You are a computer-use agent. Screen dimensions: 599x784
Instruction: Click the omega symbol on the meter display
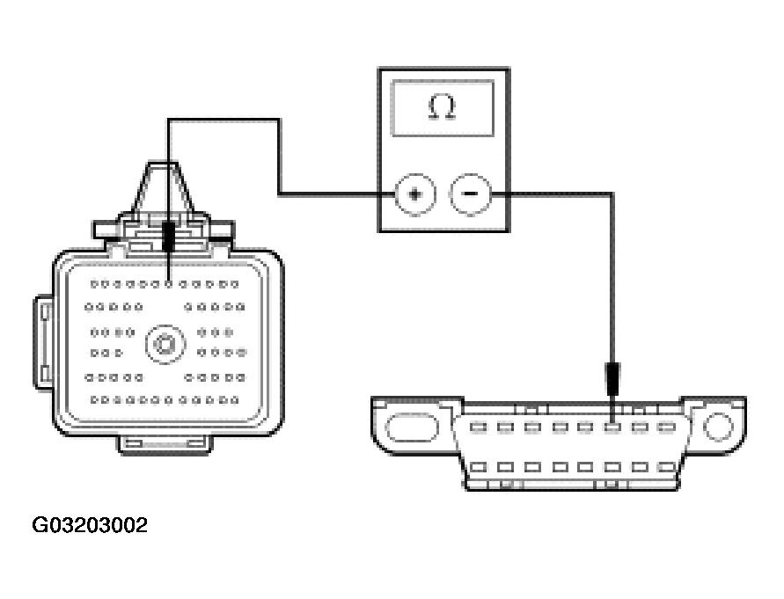(x=443, y=107)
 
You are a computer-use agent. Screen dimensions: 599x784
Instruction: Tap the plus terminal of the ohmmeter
(x=414, y=194)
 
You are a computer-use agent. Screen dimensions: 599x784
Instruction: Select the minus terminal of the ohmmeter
(x=471, y=194)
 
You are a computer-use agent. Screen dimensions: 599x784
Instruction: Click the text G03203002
(x=90, y=526)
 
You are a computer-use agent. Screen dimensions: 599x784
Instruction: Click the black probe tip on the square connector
(x=168, y=236)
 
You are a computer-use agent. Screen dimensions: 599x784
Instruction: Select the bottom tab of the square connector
(x=166, y=443)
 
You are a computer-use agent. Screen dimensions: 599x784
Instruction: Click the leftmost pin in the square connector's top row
(x=95, y=284)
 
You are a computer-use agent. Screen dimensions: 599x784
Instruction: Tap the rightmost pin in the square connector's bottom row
(x=236, y=400)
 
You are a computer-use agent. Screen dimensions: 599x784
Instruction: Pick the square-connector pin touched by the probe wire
(x=168, y=284)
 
